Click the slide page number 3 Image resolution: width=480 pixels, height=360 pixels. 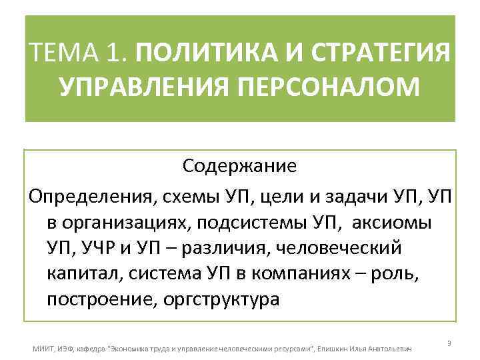449,343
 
